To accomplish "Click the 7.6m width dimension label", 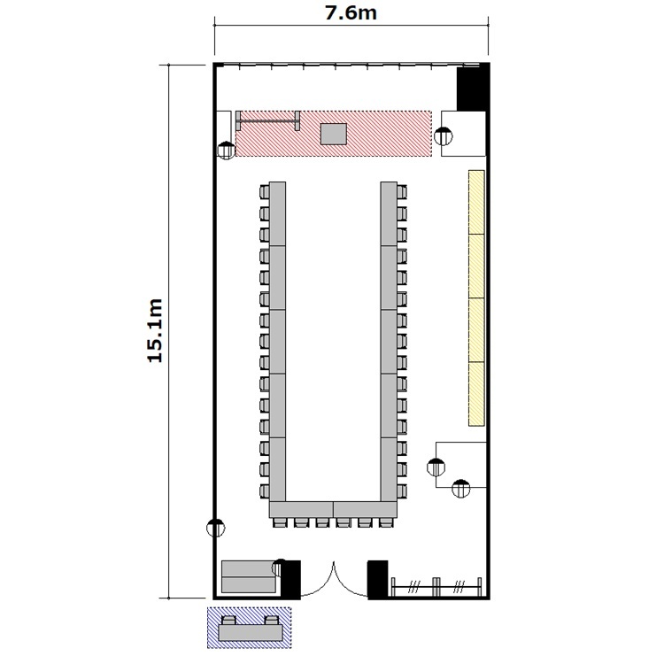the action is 351,12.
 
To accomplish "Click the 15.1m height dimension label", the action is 155,331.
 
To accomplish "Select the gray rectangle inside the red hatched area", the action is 334,134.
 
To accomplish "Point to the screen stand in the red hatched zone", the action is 268,120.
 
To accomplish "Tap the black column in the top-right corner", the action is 473,88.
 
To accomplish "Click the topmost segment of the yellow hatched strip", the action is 476,202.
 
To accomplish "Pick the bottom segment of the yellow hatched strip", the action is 476,394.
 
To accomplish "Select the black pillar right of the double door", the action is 378,579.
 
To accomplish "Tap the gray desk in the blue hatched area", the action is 251,632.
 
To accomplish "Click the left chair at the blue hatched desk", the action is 229,621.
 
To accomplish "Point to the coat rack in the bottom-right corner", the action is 436,587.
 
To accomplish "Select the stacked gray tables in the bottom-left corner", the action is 249,576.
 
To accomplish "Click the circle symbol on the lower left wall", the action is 216,528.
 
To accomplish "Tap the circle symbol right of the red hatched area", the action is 444,136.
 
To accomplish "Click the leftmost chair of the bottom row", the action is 279,522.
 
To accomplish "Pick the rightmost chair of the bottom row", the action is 386,522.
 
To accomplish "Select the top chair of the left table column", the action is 264,192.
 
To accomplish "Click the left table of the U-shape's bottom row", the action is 302,509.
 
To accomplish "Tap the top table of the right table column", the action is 389,214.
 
